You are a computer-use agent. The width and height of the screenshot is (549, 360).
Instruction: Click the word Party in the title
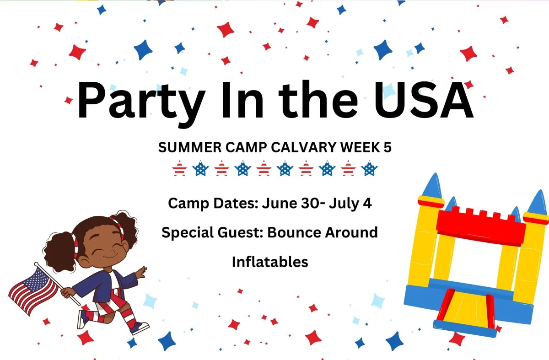click(141, 103)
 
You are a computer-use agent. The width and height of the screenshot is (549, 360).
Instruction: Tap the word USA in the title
click(424, 100)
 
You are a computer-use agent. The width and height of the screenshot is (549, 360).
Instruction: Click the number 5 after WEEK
click(388, 147)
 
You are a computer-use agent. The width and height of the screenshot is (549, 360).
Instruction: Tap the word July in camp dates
click(344, 204)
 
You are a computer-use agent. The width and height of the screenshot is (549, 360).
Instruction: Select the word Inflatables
click(270, 262)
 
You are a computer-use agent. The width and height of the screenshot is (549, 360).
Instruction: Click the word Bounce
click(294, 232)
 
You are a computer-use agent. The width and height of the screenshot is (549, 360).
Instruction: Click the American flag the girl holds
click(33, 290)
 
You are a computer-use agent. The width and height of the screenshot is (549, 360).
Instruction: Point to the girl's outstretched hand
click(141, 272)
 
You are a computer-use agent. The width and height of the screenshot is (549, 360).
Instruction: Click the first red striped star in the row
click(179, 169)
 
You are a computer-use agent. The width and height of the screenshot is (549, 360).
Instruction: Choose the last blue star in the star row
click(369, 168)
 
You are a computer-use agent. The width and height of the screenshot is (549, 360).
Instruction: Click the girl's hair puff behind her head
click(59, 251)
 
